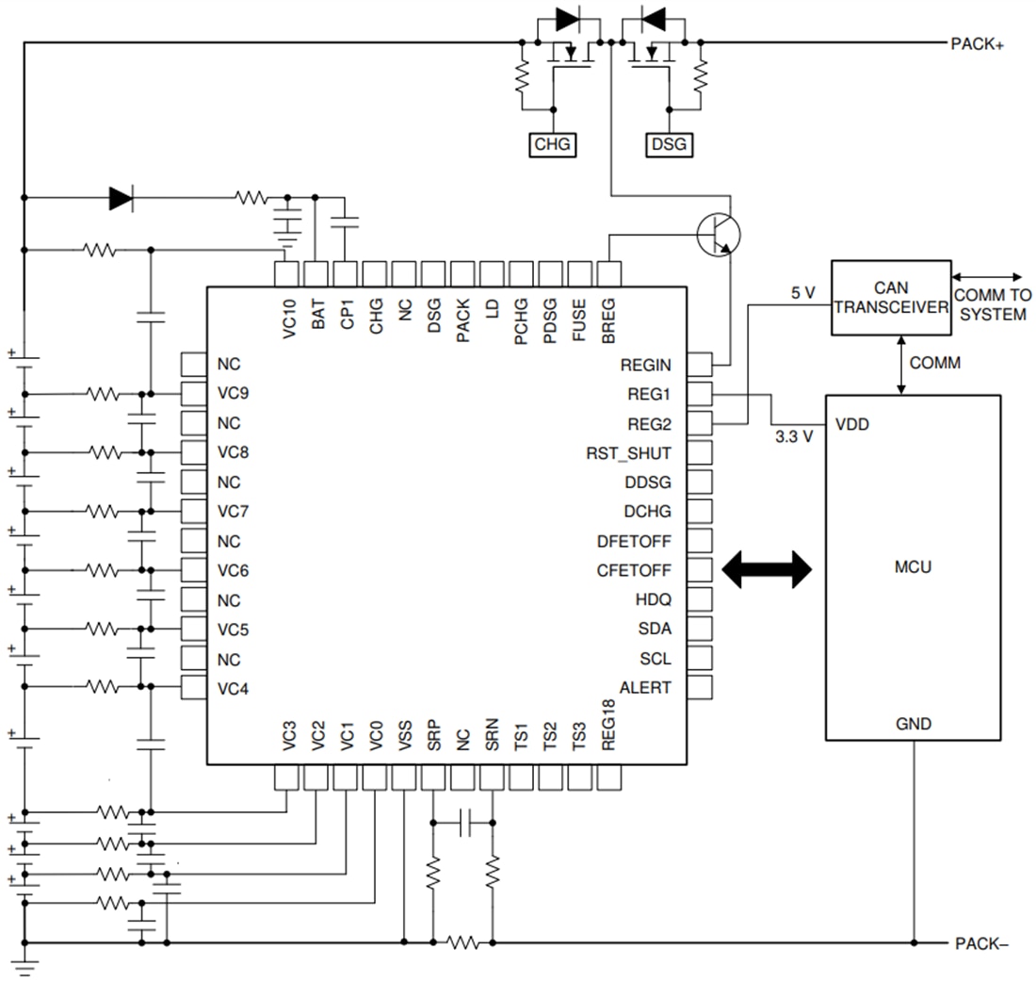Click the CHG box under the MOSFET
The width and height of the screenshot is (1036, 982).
tap(553, 144)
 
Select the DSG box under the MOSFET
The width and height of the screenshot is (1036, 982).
tap(670, 144)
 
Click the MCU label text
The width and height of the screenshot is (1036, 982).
tap(913, 567)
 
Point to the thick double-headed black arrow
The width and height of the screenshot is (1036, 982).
tap(767, 569)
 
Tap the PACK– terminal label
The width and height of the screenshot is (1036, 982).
tap(981, 943)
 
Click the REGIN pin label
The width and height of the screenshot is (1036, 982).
tap(645, 365)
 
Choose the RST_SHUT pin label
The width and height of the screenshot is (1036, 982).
tap(628, 453)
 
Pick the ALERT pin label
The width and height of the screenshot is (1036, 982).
tap(645, 688)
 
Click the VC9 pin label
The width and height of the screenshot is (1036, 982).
tap(233, 394)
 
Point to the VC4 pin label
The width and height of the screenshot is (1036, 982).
tap(233, 688)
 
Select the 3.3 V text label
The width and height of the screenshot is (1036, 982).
tap(794, 437)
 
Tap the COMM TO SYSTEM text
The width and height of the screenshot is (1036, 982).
tap(993, 304)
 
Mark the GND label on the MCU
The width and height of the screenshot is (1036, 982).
tap(914, 724)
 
